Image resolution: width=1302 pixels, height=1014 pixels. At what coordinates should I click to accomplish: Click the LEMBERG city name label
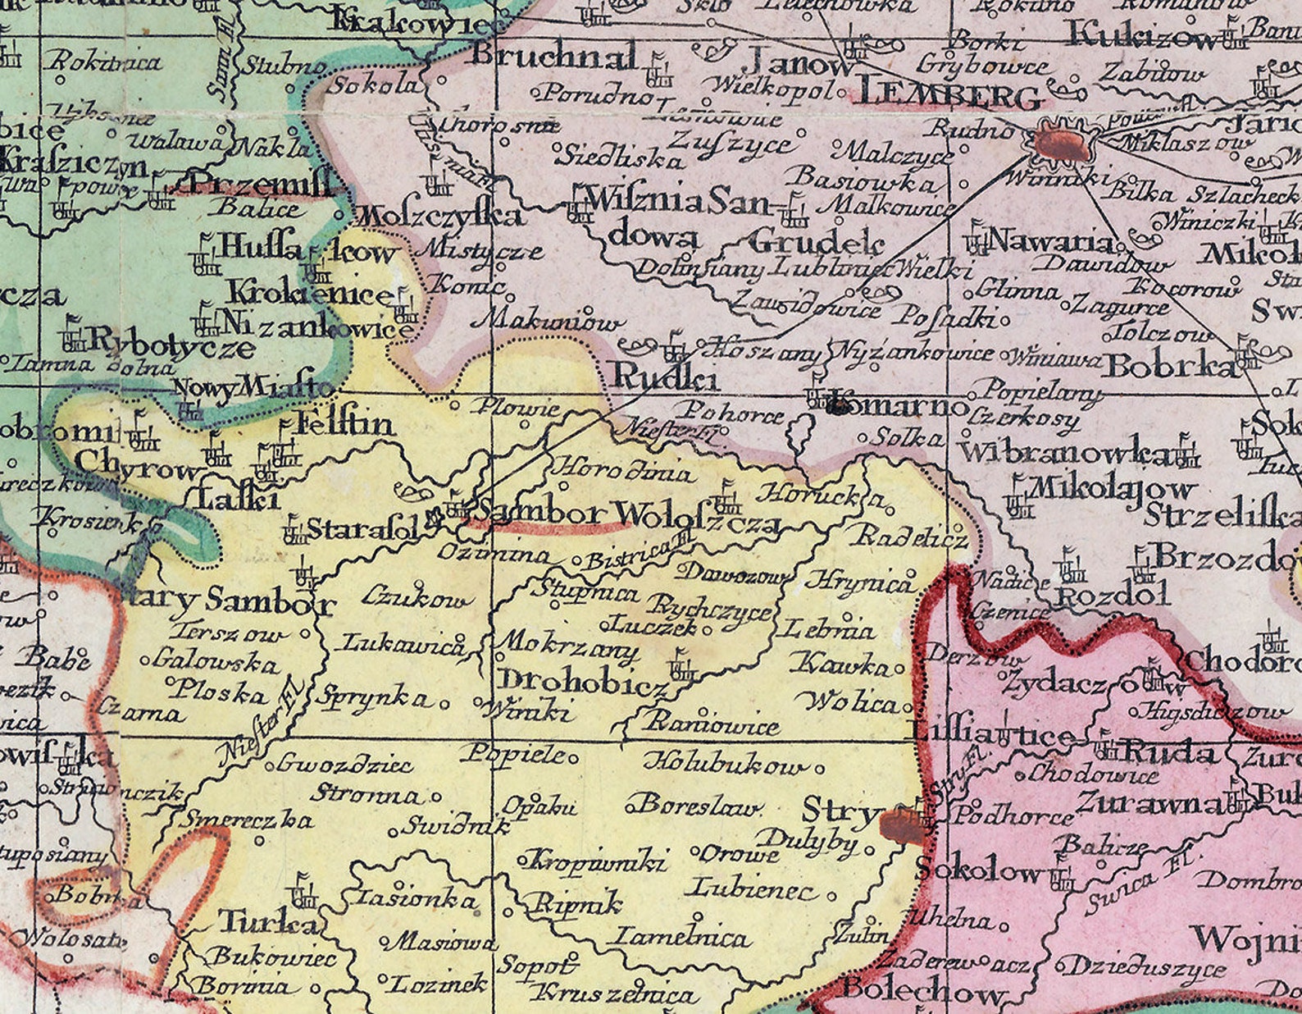(949, 96)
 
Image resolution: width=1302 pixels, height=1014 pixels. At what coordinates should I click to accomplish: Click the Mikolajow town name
(1111, 489)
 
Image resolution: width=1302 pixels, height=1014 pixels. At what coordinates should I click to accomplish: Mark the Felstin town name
(344, 425)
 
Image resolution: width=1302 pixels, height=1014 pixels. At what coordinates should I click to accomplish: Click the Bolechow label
(922, 990)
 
